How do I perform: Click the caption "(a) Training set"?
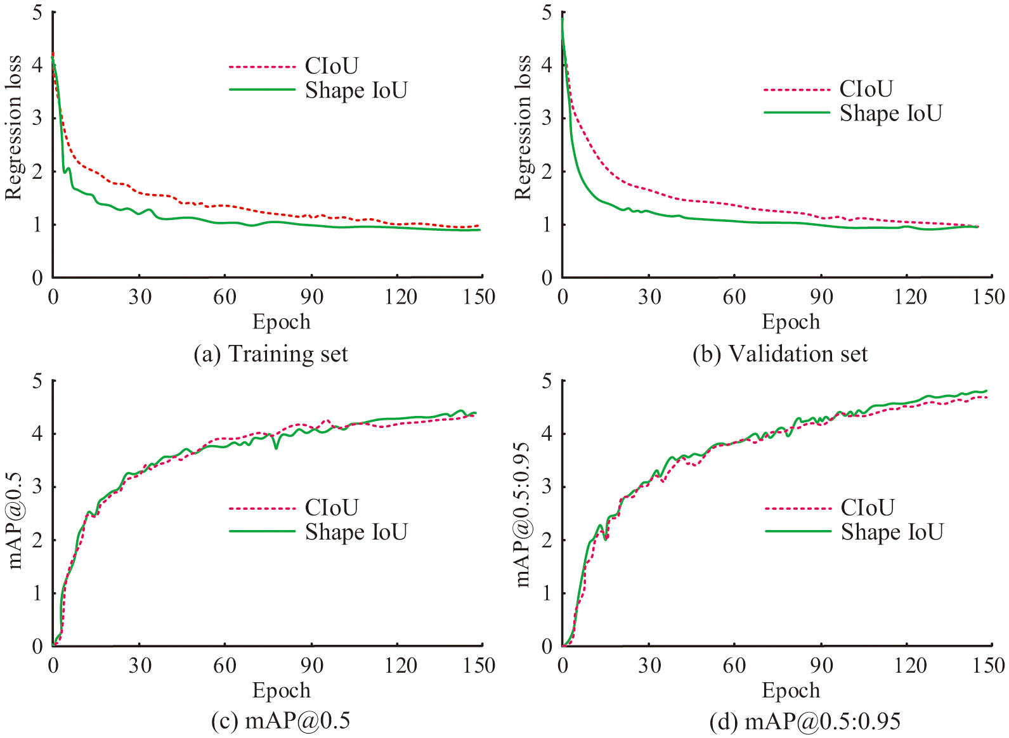point(271,354)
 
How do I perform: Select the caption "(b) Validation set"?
point(780,354)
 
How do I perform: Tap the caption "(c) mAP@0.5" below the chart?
point(280,721)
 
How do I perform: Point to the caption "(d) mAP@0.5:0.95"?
point(805,721)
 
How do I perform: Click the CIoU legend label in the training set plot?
point(332,65)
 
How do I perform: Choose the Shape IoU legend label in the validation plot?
point(891,113)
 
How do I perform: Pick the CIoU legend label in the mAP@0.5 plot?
point(332,507)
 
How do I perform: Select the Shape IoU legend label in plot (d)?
point(892,531)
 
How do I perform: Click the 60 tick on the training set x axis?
point(225,297)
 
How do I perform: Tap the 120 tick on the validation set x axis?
point(910,297)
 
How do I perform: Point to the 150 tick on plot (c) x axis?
point(479,665)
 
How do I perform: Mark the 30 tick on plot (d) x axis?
point(649,665)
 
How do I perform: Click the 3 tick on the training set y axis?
point(37,118)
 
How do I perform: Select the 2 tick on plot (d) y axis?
point(547,540)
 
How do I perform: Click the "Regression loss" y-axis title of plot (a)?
point(13,127)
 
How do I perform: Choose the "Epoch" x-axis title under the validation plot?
point(791,321)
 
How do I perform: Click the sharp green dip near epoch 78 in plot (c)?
point(276,448)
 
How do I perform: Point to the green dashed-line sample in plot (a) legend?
point(262,90)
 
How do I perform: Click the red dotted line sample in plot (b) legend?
point(797,90)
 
